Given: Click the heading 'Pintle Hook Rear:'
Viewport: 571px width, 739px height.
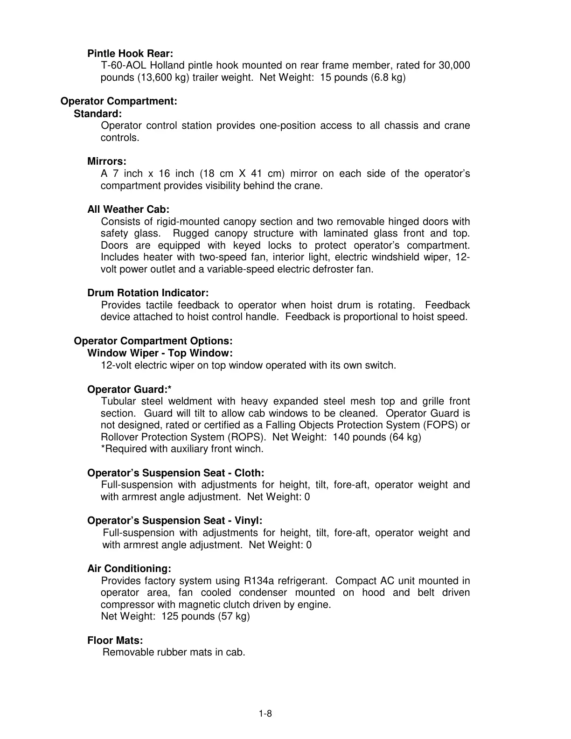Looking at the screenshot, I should (130, 54).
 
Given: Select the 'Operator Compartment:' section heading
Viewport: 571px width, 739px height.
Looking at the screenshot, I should (119, 101).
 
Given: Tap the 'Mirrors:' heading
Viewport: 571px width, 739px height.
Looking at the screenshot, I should (107, 161).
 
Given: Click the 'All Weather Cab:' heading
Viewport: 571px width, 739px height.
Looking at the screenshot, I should (128, 209).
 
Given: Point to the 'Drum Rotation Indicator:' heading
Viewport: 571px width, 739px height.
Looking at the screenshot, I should (148, 293).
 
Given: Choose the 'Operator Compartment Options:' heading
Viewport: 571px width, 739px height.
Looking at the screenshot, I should (153, 341).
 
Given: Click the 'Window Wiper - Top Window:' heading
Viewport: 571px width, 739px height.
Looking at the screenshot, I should (160, 353).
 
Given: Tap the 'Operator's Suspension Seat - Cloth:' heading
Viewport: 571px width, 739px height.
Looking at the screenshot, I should (175, 473).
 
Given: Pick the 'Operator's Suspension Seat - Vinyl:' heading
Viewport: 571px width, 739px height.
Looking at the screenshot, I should (174, 521).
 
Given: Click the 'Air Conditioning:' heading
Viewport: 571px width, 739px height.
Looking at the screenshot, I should (129, 569).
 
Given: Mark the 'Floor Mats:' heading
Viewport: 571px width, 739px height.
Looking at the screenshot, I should (115, 641).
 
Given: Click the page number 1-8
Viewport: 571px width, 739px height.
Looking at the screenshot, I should (265, 714).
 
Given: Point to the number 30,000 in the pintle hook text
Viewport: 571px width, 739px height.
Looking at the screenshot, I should (454, 65).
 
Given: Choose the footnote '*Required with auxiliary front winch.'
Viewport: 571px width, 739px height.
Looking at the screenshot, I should (182, 449).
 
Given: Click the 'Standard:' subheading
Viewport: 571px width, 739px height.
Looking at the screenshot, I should (98, 113).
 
